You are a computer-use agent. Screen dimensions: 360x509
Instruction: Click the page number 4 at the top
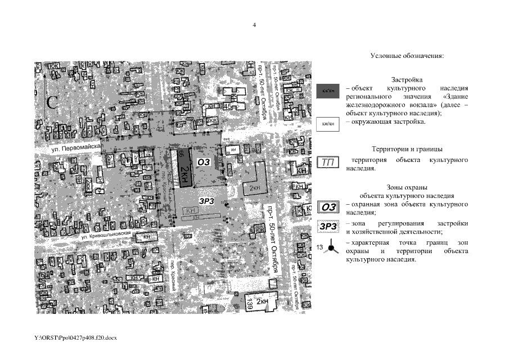254,25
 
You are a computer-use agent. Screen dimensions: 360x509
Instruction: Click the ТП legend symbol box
328,163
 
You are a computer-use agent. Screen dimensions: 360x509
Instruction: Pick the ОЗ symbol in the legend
328,207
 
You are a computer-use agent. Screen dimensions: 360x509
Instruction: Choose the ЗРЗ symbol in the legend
328,227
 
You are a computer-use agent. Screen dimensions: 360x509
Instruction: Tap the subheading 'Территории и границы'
407,150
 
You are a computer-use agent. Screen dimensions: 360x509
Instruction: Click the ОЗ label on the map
204,161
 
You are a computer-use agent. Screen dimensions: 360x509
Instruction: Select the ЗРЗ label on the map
206,199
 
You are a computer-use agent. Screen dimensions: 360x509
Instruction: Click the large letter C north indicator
53,102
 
